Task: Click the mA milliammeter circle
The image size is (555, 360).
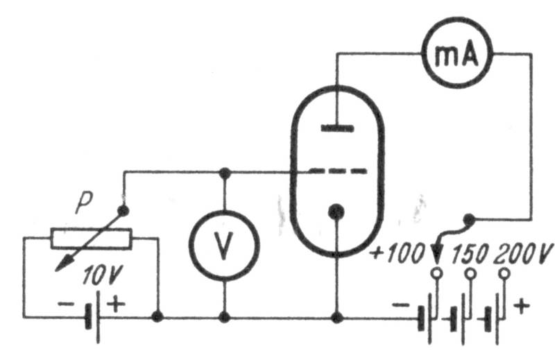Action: pyautogui.click(x=457, y=22)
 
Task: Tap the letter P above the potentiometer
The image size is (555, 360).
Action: pyautogui.click(x=84, y=203)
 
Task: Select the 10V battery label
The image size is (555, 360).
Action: pyautogui.click(x=103, y=275)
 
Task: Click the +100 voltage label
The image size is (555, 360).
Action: pyautogui.click(x=397, y=252)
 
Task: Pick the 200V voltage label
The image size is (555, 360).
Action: pyautogui.click(x=523, y=253)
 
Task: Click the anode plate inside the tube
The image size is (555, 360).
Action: pyautogui.click(x=337, y=128)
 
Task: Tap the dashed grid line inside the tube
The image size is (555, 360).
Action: pyautogui.click(x=338, y=171)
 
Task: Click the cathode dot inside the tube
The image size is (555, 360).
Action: pyautogui.click(x=336, y=212)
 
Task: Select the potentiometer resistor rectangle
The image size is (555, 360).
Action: pyautogui.click(x=92, y=239)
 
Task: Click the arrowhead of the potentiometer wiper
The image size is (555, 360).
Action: pyautogui.click(x=62, y=264)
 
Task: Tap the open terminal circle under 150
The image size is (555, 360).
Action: pyautogui.click(x=470, y=273)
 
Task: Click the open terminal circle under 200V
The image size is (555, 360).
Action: pyautogui.click(x=504, y=273)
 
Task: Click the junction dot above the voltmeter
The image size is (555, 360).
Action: pyautogui.click(x=225, y=173)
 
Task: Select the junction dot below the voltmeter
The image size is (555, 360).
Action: pyautogui.click(x=224, y=317)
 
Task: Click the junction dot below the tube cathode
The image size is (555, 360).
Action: pyautogui.click(x=337, y=318)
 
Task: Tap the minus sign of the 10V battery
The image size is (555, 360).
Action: pyautogui.click(x=66, y=304)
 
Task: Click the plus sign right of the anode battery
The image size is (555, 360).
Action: pyautogui.click(x=522, y=306)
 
